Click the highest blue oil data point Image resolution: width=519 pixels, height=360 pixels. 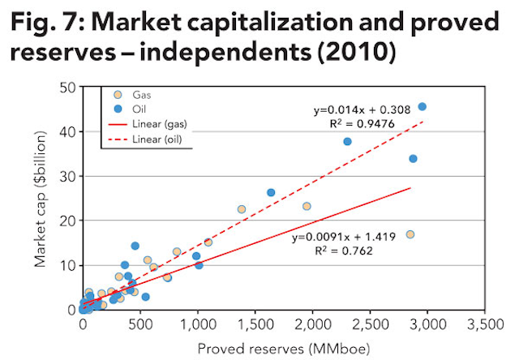[422, 107]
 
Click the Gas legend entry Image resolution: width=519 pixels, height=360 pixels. [142, 95]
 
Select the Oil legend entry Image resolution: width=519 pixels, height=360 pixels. [140, 108]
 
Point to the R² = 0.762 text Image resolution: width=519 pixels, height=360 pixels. [333, 251]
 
